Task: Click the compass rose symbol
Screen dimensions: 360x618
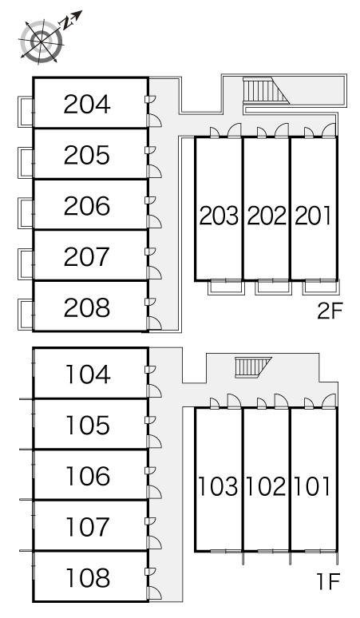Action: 42,41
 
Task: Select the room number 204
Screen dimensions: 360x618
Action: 87,105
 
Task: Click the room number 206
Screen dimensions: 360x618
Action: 87,206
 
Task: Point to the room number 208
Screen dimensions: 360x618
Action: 87,308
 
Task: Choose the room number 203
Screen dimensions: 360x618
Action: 219,216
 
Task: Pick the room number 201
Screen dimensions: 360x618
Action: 313,216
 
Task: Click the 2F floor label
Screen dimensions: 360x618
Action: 330,311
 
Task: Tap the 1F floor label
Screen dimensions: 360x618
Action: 328,581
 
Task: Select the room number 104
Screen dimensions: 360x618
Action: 88,374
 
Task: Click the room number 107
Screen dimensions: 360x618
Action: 88,527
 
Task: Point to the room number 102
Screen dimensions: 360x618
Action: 266,486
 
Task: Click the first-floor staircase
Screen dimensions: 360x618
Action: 253,367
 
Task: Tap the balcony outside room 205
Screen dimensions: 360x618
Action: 26,163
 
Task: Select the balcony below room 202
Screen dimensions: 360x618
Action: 273,287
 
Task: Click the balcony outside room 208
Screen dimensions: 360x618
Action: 26,315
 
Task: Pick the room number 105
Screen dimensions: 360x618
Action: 88,426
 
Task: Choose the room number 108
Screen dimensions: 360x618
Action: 88,578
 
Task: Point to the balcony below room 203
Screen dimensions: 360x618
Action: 226,287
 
